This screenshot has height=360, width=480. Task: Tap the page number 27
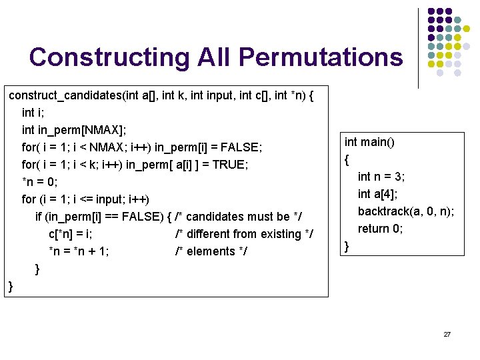[447, 333]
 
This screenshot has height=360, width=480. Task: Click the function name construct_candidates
[65, 95]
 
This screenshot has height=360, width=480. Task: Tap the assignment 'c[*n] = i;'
[71, 234]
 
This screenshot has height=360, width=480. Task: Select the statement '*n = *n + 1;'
[79, 251]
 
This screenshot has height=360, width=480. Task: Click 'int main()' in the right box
[369, 142]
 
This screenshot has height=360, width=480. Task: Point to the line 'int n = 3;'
[381, 177]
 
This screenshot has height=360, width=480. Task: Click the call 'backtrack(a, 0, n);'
[406, 211]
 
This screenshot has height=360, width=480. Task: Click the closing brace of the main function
[347, 247]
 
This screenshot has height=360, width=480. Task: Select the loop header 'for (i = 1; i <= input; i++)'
[86, 199]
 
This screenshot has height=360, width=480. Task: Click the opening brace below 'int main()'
[347, 160]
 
